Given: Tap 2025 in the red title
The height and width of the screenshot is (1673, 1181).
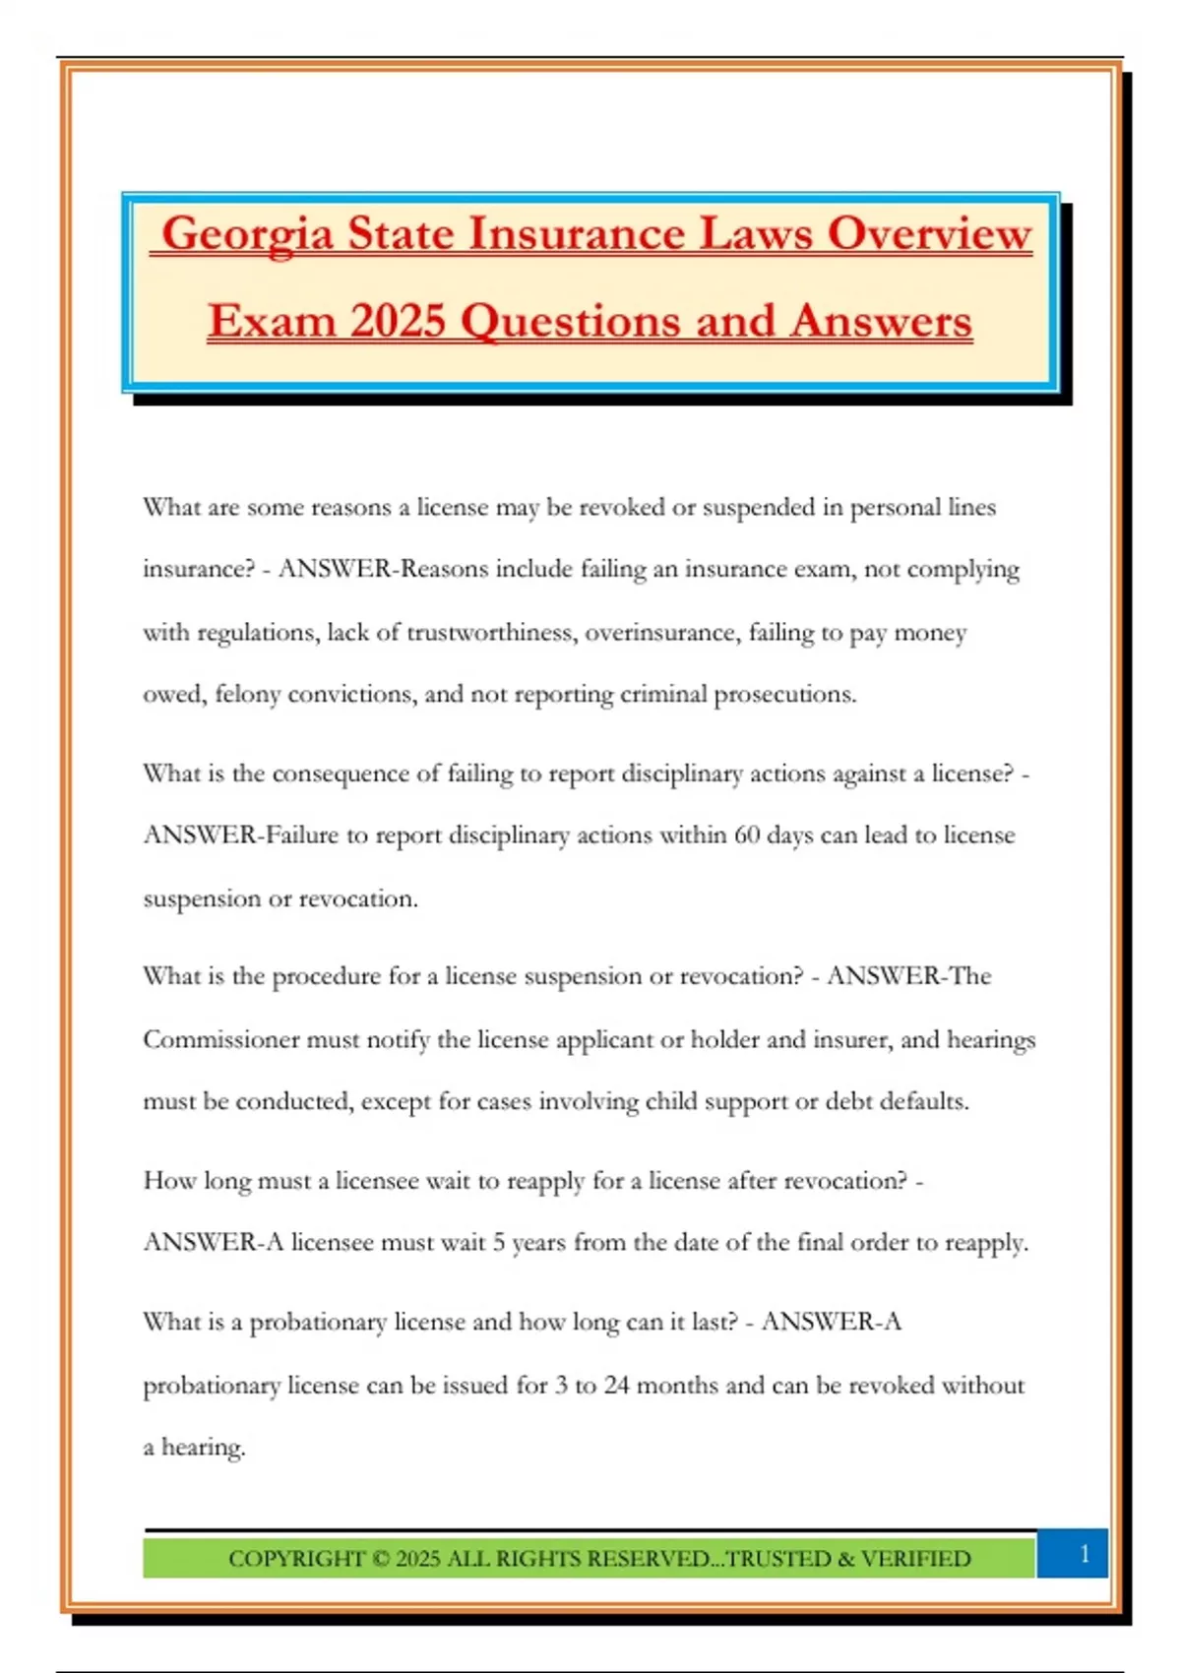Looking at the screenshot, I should tap(397, 321).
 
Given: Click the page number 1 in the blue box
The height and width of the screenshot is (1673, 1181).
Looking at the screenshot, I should tap(1085, 1553).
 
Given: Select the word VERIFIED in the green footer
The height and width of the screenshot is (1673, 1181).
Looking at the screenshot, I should tap(915, 1559).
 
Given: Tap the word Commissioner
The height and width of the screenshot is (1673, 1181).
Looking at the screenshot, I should tap(220, 1040).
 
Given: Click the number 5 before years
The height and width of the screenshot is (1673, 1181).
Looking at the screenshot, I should tap(499, 1243).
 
